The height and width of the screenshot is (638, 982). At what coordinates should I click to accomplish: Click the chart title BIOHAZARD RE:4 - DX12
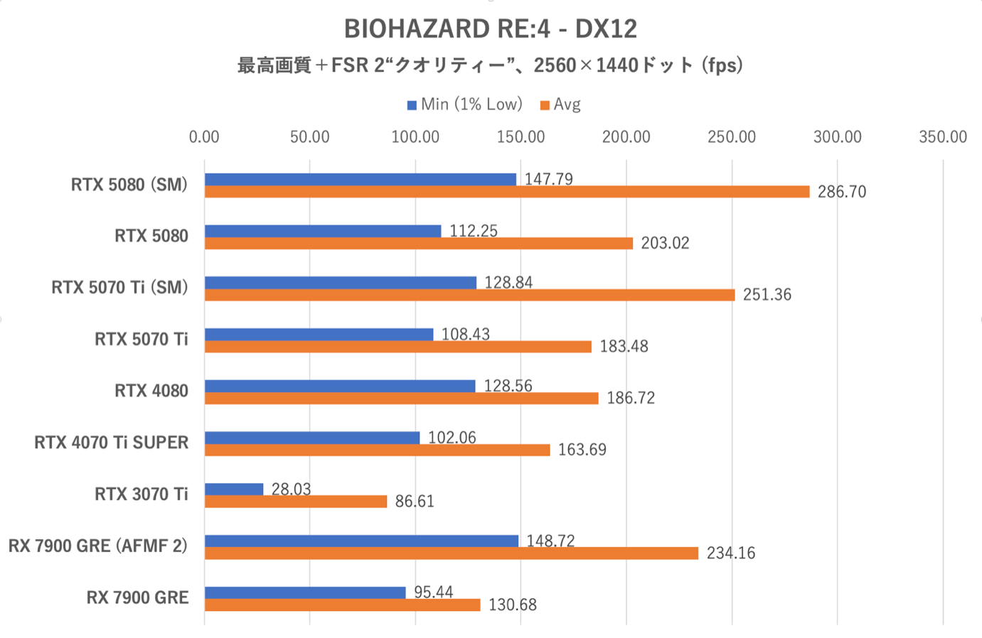491,29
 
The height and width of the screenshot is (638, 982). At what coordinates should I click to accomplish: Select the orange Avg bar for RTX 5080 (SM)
506,192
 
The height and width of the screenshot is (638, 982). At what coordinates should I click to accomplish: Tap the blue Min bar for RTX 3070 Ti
234,489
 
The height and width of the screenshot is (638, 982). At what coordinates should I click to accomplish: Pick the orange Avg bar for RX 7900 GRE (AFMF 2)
452,553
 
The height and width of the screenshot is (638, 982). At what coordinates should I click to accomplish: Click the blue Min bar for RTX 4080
340,386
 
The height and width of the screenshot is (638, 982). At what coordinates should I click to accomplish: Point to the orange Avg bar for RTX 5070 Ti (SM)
469,295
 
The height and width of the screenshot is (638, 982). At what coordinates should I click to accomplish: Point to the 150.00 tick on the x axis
521,137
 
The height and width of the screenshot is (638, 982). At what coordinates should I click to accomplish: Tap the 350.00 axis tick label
942,137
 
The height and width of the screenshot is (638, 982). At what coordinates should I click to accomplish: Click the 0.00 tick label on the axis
204,137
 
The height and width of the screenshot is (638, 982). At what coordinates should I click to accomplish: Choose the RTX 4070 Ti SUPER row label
112,443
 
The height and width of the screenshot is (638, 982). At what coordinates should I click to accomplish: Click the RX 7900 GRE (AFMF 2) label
98,546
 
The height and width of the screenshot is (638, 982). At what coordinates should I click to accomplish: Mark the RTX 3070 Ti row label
142,494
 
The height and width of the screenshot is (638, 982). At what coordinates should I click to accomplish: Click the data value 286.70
841,192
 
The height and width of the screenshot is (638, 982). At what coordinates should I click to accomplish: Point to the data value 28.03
291,489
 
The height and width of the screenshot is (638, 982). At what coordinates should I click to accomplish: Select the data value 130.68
512,605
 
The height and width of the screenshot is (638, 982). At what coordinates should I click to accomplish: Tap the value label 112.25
473,231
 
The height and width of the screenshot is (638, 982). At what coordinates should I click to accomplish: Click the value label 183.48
624,346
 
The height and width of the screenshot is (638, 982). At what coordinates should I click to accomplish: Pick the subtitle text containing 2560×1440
491,65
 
